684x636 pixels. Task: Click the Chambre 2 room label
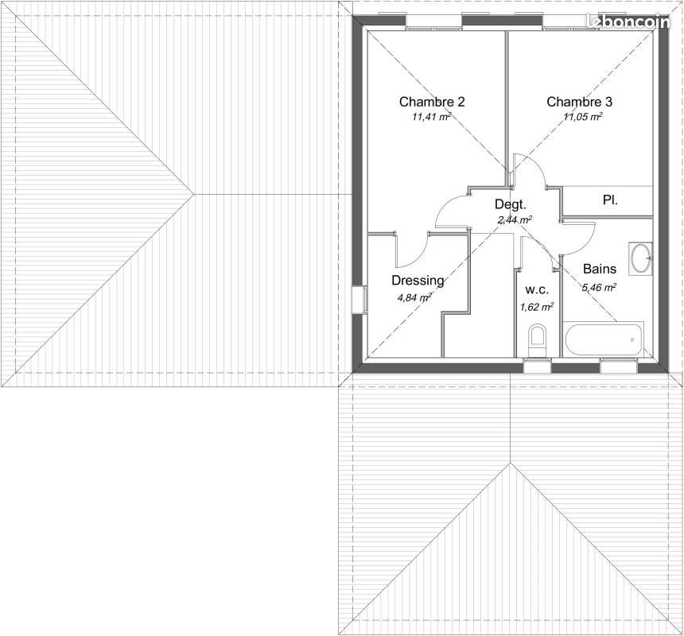click(x=432, y=102)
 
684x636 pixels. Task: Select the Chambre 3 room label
click(x=579, y=102)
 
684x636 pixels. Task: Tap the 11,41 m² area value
click(x=432, y=117)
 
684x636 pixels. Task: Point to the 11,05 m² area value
click(x=583, y=117)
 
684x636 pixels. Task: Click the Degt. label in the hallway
click(x=511, y=204)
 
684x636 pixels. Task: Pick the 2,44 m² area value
click(x=515, y=219)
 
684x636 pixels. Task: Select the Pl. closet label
click(x=610, y=200)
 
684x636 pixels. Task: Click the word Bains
click(x=599, y=270)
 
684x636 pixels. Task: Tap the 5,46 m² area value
click(x=599, y=288)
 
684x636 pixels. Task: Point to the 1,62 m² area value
click(x=537, y=306)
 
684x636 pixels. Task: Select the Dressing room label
click(x=418, y=281)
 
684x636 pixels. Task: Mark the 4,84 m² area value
click(x=414, y=298)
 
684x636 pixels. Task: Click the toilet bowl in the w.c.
click(x=538, y=339)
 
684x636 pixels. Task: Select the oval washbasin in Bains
click(x=641, y=258)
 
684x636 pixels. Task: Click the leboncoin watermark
click(x=628, y=22)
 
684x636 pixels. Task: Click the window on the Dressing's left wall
click(x=358, y=300)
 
